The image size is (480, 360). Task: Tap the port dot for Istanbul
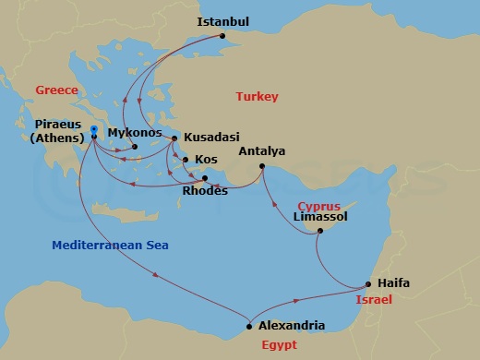point(222,38)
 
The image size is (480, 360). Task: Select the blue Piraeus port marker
point(93,129)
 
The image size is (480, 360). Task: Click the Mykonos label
point(136,133)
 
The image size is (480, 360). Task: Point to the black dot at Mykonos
point(134,147)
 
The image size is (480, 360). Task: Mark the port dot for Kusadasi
point(174,138)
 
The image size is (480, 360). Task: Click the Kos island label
point(206,159)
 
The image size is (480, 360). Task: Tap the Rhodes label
point(206,191)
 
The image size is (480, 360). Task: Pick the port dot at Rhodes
point(205,178)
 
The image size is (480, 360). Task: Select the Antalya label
point(261,151)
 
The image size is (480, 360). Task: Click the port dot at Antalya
point(262,166)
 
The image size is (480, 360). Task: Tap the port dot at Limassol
point(319,231)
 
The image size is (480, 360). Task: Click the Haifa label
point(393,283)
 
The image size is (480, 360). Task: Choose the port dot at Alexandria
point(250,325)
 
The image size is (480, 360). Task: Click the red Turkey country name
point(257,97)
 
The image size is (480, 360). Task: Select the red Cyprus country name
point(319,206)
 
